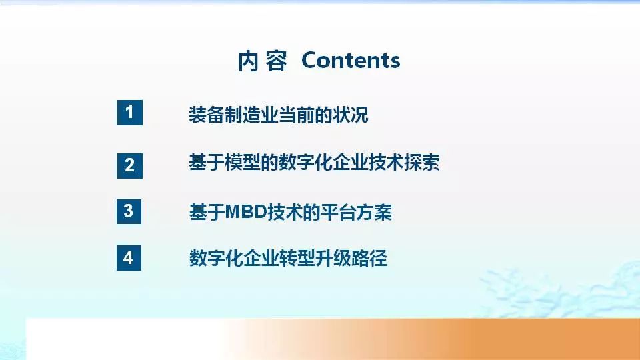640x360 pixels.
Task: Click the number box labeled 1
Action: coord(129,112)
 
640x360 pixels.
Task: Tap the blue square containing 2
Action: coord(129,164)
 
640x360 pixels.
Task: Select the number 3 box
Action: coord(129,211)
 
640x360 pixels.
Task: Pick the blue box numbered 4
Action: coord(129,258)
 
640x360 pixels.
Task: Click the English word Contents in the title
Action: coord(351,61)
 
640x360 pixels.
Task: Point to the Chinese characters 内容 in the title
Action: coord(262,61)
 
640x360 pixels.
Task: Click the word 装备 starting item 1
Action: coord(206,115)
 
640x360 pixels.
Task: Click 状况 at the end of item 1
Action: coord(350,115)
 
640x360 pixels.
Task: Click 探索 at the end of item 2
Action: coord(421,163)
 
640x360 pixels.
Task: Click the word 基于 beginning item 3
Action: coord(206,213)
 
